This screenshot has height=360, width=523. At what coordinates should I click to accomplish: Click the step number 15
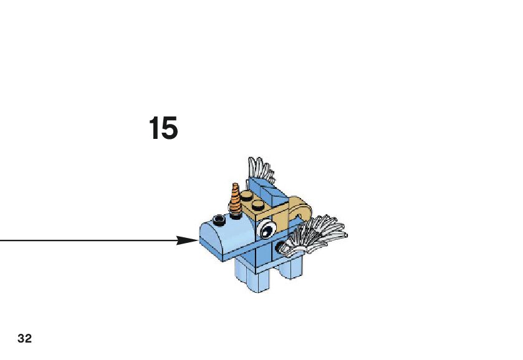coord(163,128)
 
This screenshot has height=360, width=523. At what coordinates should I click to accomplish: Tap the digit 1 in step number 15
coord(154,128)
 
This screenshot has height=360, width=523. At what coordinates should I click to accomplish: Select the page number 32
coord(25,339)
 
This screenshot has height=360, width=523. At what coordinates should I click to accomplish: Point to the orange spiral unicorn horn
coord(235,200)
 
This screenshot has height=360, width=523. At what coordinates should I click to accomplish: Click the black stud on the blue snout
coord(218,219)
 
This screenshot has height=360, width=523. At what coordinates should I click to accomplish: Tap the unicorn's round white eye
coord(266,229)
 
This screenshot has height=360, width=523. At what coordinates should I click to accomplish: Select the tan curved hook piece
coord(298,209)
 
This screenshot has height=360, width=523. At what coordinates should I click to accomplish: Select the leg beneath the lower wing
coord(290,267)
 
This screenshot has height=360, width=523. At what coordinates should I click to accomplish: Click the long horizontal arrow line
coord(87,240)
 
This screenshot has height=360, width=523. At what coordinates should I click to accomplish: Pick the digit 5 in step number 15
coord(170,128)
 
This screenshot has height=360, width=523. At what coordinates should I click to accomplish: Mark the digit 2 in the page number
coord(28,339)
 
